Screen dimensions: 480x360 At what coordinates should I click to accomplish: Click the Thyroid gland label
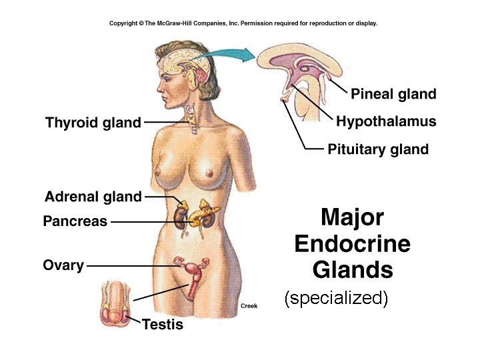[93, 123]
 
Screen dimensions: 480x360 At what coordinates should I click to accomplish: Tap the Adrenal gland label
[93, 197]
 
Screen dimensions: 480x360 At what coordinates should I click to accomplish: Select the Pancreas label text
[75, 221]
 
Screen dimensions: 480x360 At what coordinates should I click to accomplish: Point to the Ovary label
[63, 265]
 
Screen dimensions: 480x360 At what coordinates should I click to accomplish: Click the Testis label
[163, 325]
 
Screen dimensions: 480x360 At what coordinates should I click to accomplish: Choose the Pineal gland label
[393, 94]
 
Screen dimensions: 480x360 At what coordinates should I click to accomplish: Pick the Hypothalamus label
[386, 121]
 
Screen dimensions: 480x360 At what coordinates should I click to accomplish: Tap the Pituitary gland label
[378, 149]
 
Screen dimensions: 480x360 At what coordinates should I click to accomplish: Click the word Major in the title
[352, 218]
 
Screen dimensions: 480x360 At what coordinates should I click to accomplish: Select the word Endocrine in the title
[352, 244]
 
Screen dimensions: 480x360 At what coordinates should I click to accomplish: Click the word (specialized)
[336, 298]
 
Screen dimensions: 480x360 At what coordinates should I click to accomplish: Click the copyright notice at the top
[243, 23]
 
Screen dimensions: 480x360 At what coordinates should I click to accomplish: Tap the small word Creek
[249, 306]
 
